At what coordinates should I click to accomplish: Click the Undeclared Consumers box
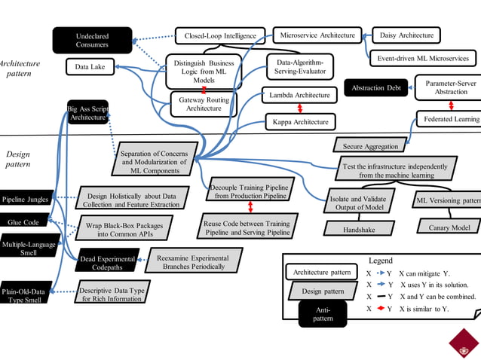coord(92,41)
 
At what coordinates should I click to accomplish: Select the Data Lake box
coord(90,68)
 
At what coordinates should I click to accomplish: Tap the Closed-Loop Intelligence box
coord(219,35)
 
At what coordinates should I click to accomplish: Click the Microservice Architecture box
coord(317,35)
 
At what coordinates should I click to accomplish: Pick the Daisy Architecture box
coord(406,35)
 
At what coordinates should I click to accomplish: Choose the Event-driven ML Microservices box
coord(422,58)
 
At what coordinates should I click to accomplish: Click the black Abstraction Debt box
coord(376,88)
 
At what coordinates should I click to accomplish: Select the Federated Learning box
coord(450,119)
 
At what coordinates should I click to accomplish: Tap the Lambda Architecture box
coord(299,96)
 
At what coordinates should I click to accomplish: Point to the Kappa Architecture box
coord(299,122)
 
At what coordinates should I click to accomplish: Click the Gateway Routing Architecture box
coord(204,103)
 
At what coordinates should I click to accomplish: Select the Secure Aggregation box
coord(371,146)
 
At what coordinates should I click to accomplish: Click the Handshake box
coord(360,228)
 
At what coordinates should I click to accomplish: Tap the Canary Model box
coord(449,227)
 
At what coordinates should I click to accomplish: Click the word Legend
coord(380,261)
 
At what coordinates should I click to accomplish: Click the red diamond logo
coord(464,343)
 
